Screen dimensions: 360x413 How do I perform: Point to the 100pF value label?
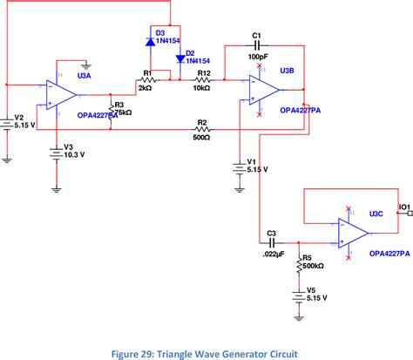coord(257,56)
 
